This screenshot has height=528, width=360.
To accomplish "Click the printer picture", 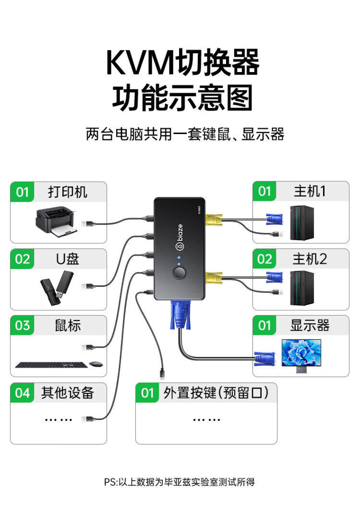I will [56, 222].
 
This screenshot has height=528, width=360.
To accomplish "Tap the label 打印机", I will [68, 192].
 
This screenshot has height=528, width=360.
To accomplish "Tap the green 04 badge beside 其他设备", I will [23, 393].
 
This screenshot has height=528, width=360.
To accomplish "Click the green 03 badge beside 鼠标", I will [23, 326].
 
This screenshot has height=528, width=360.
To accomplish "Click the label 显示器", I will [310, 325].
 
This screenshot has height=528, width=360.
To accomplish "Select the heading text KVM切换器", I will [182, 62].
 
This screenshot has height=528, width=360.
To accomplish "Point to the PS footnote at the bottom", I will [180, 482].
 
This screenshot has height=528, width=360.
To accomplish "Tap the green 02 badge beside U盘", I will [23, 259].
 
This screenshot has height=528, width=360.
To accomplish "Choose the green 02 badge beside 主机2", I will [264, 259].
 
